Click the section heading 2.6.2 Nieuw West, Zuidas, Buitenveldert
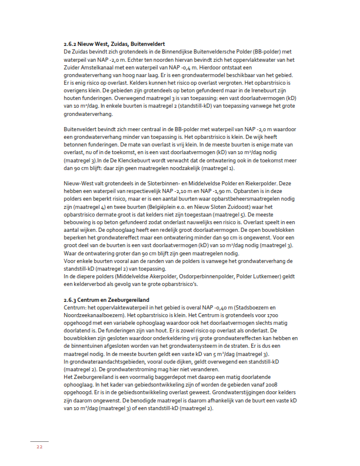pyautogui.click(x=114, y=44)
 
